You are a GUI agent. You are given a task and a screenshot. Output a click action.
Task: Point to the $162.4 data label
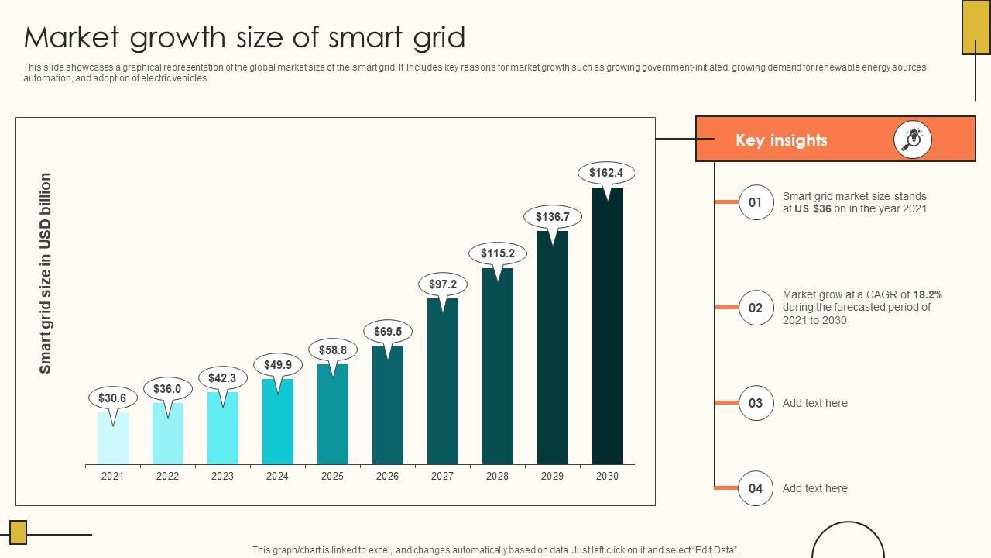605,173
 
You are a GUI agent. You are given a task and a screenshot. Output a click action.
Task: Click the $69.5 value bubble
387,332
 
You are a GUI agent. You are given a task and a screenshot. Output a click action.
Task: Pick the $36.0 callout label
167,389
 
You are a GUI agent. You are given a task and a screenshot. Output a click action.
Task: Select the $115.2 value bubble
497,253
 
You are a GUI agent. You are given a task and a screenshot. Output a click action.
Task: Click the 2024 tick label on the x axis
277,477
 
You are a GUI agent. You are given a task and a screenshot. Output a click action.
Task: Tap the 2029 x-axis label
552,477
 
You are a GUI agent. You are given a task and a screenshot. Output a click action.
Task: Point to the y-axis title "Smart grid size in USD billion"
46,273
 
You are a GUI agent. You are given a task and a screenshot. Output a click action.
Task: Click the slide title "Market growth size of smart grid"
245,37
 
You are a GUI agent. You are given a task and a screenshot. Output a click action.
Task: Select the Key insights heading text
781,140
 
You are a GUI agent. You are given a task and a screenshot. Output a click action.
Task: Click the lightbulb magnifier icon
913,139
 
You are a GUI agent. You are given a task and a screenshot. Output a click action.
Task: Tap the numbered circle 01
756,203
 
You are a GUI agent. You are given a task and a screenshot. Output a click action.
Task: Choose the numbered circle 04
756,488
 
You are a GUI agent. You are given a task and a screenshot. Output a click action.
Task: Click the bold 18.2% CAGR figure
928,294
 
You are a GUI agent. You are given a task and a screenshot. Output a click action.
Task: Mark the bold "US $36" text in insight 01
812,209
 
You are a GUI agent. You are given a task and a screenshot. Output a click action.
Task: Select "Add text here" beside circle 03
814,403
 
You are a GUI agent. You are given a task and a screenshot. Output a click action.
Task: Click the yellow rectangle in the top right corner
976,27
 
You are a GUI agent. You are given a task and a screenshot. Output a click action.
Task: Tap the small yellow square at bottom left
18,532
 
